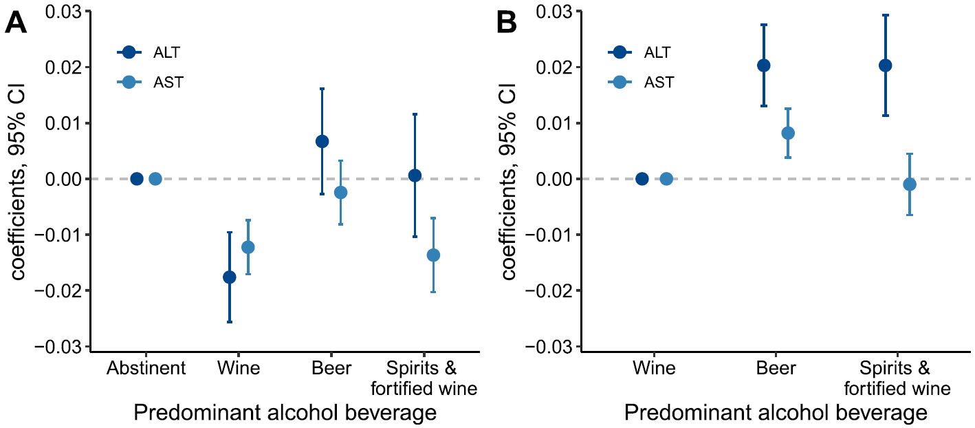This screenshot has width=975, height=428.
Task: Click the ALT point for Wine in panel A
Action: point(230,277)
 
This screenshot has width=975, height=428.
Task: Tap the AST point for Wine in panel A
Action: point(248,247)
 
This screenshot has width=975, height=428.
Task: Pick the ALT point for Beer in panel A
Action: point(322,142)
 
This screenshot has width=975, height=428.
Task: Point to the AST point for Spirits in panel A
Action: point(433,255)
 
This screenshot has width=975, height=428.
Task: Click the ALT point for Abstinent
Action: point(137,179)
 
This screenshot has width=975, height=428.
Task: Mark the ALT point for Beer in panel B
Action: point(764,65)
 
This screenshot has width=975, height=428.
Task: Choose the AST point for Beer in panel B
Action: point(788,133)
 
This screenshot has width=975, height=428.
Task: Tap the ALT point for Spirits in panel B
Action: point(886,65)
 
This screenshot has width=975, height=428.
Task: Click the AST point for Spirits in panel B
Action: point(910,184)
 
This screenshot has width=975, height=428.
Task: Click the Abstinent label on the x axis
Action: point(146,368)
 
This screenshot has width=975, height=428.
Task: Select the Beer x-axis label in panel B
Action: point(776,368)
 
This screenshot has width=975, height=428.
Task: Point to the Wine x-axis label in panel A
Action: point(239,368)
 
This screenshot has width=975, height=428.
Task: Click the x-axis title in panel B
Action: point(776,414)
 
